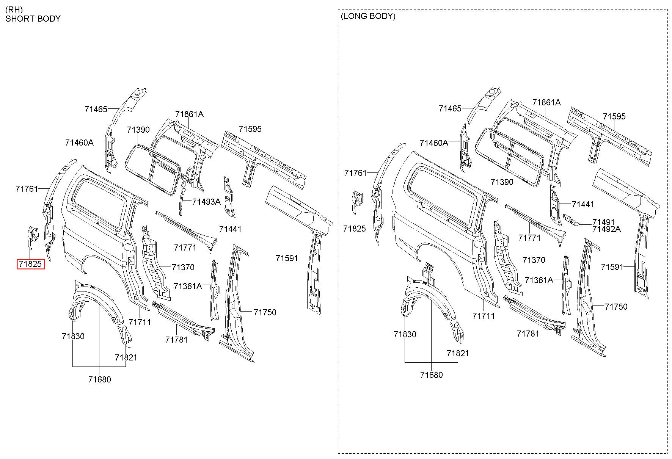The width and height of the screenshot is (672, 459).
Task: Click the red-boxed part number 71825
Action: (x=30, y=264)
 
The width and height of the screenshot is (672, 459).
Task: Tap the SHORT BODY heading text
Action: (x=33, y=19)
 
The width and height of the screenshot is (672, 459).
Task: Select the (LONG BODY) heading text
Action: (x=368, y=16)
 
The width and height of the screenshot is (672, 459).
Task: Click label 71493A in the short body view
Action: (x=206, y=202)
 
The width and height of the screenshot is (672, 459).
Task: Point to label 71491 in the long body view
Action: (x=603, y=222)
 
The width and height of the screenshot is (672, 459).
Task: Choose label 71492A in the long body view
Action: (x=606, y=229)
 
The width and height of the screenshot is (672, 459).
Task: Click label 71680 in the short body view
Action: (x=100, y=379)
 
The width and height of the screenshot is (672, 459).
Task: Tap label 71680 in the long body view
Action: (x=432, y=375)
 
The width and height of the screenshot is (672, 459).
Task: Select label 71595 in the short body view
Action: (x=250, y=129)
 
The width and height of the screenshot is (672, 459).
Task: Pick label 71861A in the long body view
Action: (x=546, y=102)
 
